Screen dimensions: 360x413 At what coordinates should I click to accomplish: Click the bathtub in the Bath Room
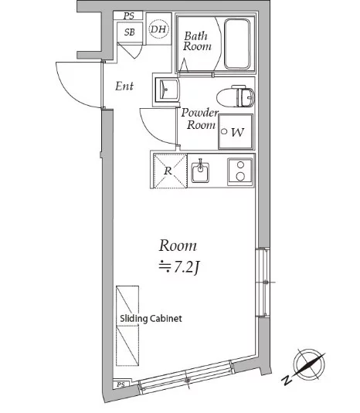point(237,44)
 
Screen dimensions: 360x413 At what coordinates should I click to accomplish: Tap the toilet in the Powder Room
point(236,96)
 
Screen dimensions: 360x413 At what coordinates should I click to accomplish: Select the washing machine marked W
point(236,131)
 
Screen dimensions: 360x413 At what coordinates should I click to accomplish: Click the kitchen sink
point(200,172)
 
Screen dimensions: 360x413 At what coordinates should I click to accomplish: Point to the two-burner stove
point(240,171)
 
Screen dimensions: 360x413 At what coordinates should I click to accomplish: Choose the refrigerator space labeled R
point(170,171)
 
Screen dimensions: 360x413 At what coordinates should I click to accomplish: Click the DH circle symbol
point(158,29)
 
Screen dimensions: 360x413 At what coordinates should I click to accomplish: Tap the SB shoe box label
point(130,32)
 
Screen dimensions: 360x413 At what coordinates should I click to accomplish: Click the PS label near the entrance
point(129,15)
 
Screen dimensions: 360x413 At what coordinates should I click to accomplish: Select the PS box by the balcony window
point(121,384)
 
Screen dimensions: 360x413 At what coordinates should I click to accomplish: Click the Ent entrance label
point(124,86)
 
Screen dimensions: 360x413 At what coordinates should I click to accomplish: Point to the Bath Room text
point(197,41)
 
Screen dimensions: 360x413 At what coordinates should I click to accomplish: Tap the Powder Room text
point(200,119)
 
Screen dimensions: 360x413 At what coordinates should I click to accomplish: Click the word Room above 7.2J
point(178,245)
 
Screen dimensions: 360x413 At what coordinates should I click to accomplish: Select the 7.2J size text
point(180,267)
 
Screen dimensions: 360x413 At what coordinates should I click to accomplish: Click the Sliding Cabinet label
point(151,319)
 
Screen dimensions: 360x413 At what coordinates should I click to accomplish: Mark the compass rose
point(309,364)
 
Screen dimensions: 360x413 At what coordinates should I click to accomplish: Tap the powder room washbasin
point(167,90)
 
